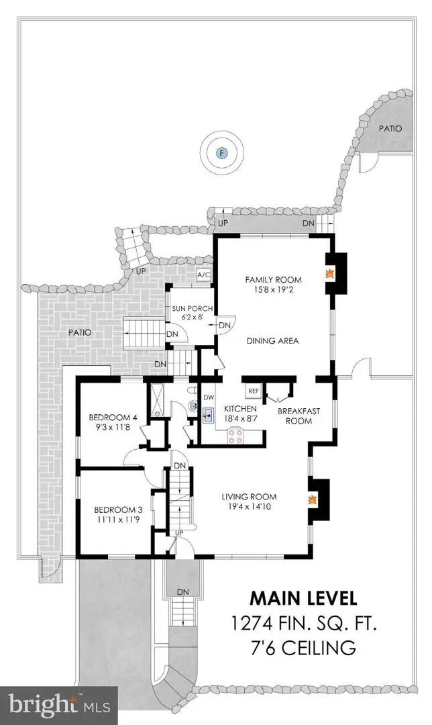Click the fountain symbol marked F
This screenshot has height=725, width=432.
pyautogui.click(x=222, y=153)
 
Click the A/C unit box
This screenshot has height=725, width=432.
pyautogui.click(x=203, y=275)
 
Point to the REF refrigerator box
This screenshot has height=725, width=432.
pyautogui.click(x=254, y=390)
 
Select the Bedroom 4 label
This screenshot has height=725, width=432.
pyautogui.click(x=111, y=418)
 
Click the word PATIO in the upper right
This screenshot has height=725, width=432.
pyautogui.click(x=391, y=128)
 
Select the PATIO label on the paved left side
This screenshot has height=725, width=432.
pyautogui.click(x=79, y=332)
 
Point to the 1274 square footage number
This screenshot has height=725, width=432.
pyautogui.click(x=252, y=624)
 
